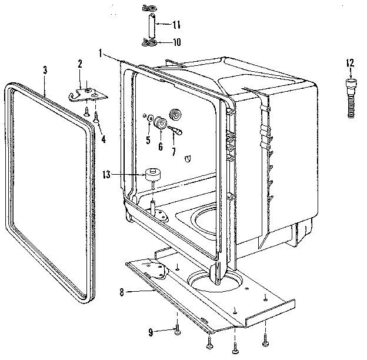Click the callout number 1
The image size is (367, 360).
click(101, 53)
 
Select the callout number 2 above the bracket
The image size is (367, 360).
click(81, 64)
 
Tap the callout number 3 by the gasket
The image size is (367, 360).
click(45, 70)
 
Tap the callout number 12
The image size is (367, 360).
click(351, 62)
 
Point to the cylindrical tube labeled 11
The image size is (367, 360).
click(151, 25)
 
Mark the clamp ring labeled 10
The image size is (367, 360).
click(151, 42)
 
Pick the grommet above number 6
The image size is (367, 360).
click(159, 124)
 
